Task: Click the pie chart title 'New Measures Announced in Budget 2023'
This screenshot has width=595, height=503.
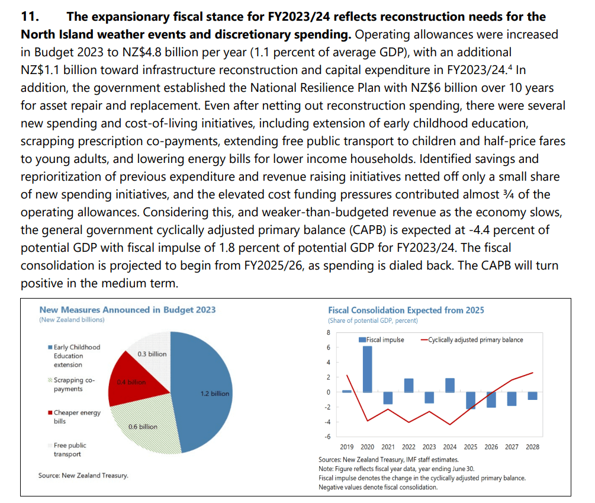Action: pyautogui.click(x=127, y=310)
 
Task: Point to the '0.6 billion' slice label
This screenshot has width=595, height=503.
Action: pyautogui.click(x=143, y=427)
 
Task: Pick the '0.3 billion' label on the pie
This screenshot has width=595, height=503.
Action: pyautogui.click(x=152, y=354)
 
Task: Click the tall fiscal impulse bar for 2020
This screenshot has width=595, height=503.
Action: pyautogui.click(x=367, y=369)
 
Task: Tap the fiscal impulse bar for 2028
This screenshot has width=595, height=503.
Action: pyautogui.click(x=532, y=396)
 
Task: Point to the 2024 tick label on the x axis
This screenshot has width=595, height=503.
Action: pyautogui.click(x=450, y=447)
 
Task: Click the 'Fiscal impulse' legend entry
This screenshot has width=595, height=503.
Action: pyautogui.click(x=381, y=339)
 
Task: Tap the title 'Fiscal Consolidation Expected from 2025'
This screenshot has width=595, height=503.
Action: pyautogui.click(x=406, y=310)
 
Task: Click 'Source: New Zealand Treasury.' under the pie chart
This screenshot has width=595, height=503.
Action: pyautogui.click(x=83, y=475)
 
